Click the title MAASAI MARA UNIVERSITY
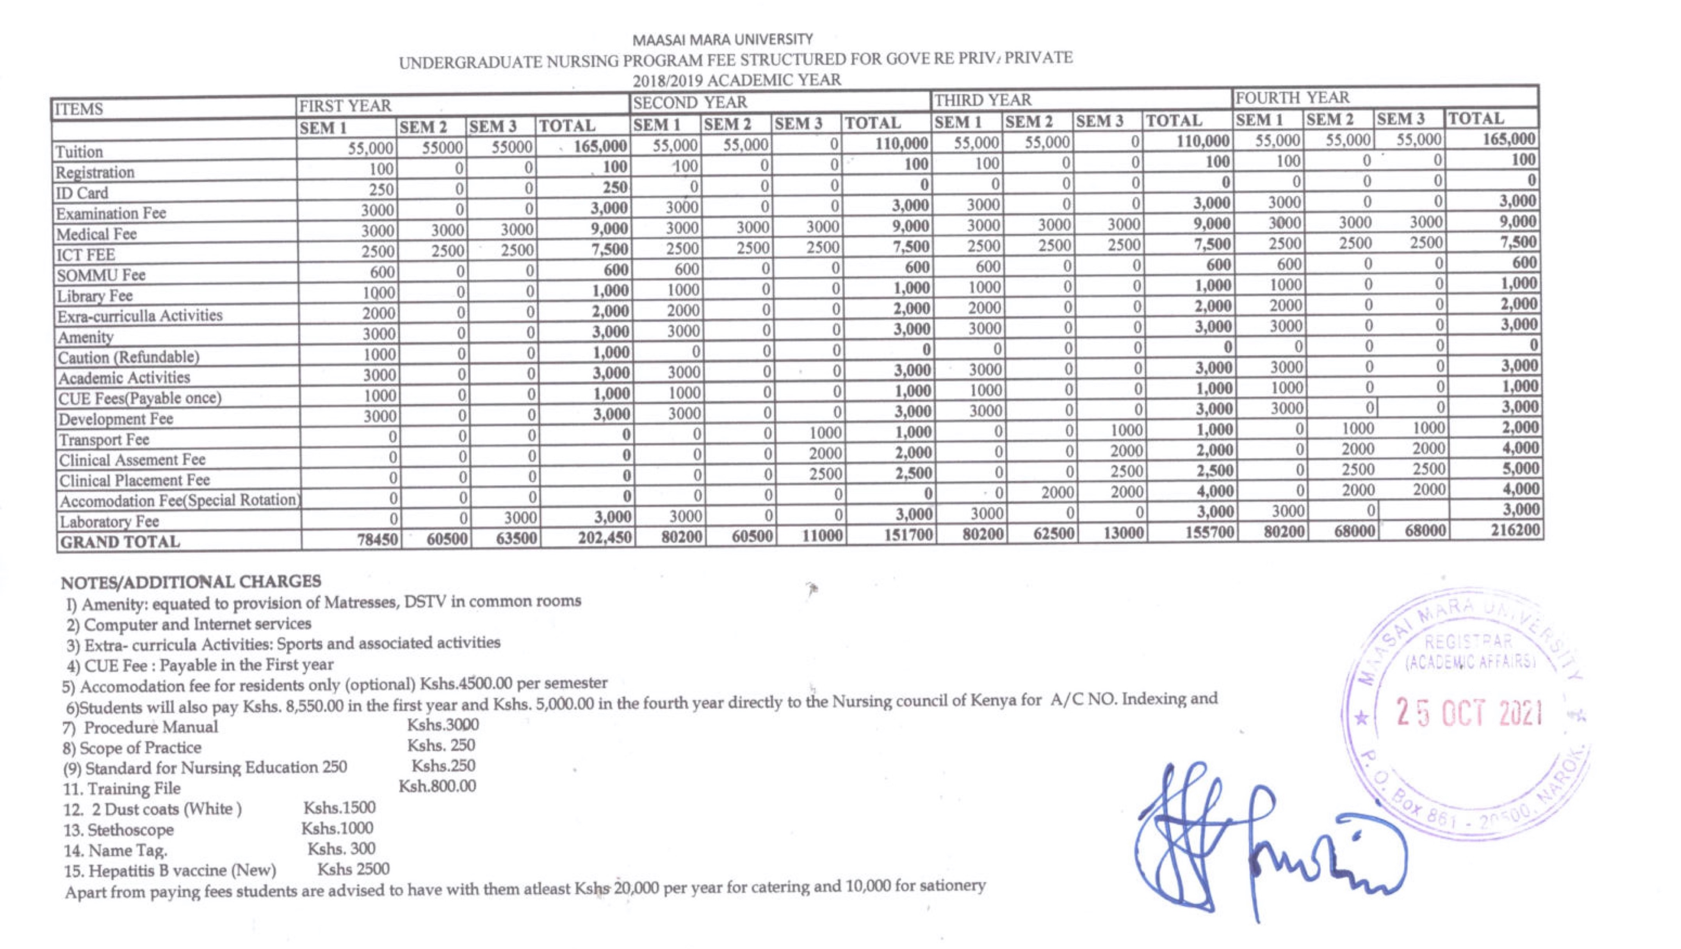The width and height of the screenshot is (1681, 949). tap(722, 40)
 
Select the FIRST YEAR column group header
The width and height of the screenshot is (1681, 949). tap(345, 106)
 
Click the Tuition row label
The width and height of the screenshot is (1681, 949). tap(80, 152)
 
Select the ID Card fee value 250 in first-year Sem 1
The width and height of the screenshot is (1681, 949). tap(381, 190)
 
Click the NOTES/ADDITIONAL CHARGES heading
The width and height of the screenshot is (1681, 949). tap(191, 582)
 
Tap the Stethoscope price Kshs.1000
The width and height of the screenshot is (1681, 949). tap(337, 828)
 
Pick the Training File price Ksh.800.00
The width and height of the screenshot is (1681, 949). tap(437, 786)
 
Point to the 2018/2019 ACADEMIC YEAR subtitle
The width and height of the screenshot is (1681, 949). tap(736, 80)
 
